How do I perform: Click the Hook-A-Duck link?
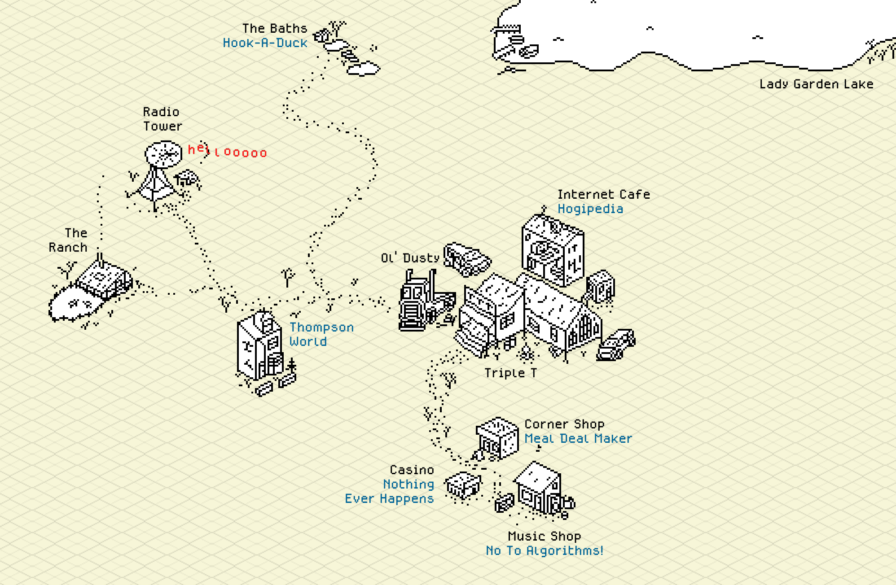point(265,43)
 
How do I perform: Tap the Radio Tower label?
point(163,119)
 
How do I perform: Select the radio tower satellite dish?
point(163,154)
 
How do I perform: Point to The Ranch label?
point(68,240)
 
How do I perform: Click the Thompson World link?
point(321,334)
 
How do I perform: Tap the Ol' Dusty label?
point(410,258)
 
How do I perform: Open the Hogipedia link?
point(590,209)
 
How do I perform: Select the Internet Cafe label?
point(604,194)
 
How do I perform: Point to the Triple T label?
point(510,373)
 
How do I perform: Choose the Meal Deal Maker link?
point(578,438)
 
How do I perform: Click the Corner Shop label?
point(564,424)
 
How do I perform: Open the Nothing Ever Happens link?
point(389,491)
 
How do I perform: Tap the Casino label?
point(412,470)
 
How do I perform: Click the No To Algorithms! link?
point(545,550)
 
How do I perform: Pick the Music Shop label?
point(545,536)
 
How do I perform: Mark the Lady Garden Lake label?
point(816,84)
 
